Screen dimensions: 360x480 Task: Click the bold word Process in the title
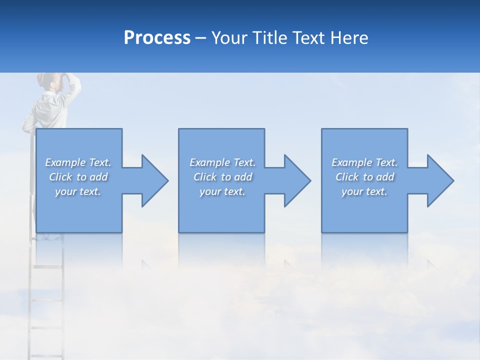point(157,38)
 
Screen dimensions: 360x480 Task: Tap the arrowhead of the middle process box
point(296,180)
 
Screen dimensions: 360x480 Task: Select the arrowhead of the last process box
point(439,180)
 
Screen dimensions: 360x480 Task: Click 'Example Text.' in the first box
point(78,162)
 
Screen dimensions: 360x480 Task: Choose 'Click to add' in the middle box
point(222,177)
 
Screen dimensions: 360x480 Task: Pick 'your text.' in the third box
point(364,191)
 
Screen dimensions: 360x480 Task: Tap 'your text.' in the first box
point(78,191)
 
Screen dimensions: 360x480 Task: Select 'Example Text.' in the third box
point(364,162)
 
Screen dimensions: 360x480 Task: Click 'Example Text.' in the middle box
point(222,162)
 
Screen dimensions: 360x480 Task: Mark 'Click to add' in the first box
point(78,177)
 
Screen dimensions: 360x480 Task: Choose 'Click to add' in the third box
point(364,177)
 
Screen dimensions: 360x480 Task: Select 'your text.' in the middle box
point(222,191)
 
